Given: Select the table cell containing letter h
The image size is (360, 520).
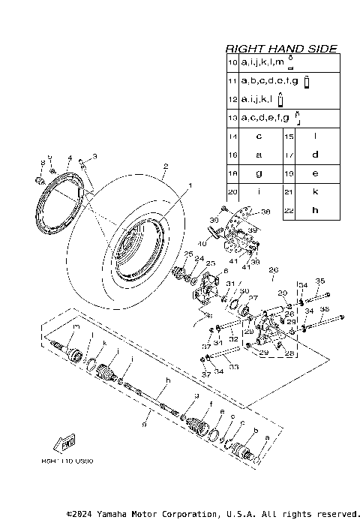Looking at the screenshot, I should (315, 211).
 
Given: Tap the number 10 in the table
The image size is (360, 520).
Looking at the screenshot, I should (233, 63).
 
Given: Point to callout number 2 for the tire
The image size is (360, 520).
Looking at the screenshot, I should (166, 167).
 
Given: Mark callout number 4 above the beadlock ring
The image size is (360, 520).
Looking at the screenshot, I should (69, 158).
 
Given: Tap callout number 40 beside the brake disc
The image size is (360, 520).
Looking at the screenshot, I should (202, 244).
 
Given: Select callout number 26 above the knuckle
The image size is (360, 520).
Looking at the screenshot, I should (273, 269).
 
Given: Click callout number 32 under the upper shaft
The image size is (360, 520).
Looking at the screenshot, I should (234, 339).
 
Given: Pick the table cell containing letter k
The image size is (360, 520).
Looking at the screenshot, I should (315, 192).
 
